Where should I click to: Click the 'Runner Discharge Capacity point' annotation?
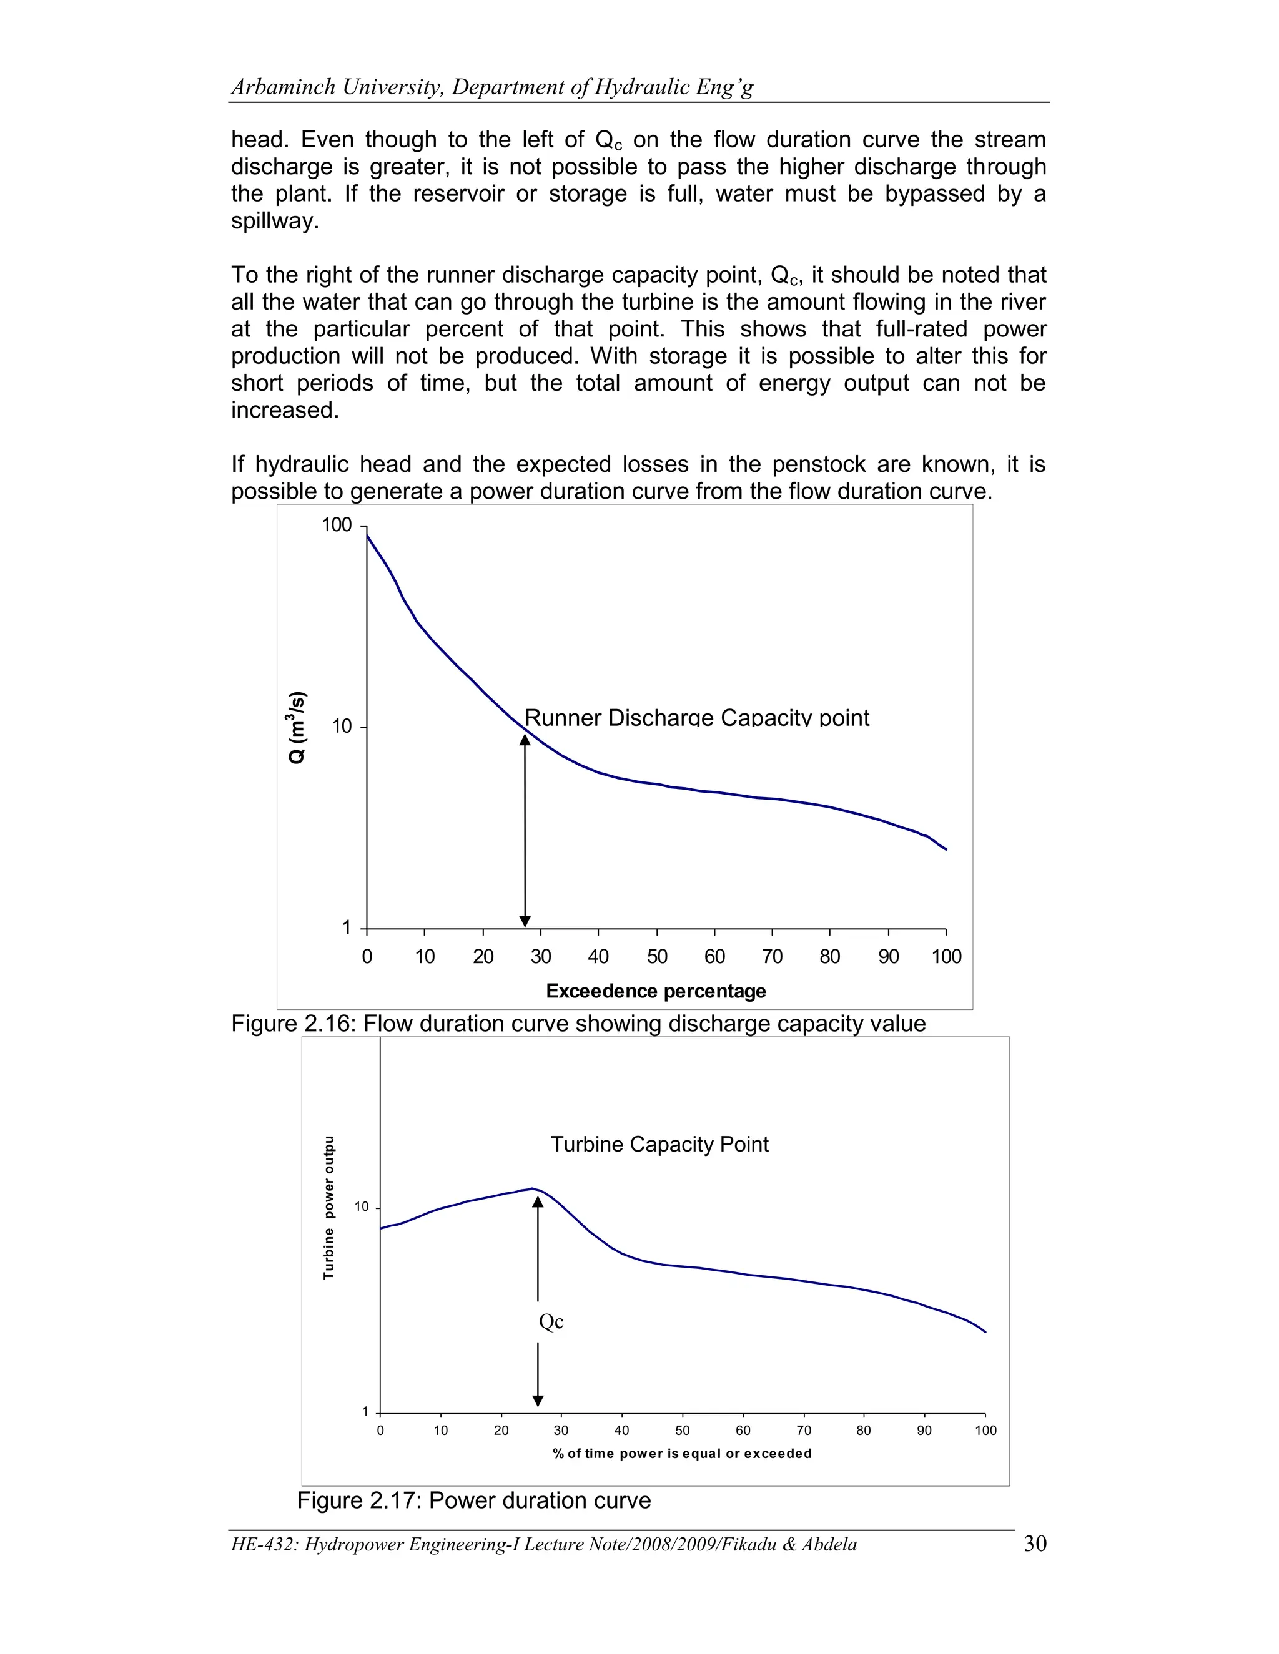click(x=696, y=717)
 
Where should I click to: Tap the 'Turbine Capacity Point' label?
click(x=659, y=1143)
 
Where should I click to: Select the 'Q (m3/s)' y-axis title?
click(x=298, y=727)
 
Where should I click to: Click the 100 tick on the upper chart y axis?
click(x=337, y=525)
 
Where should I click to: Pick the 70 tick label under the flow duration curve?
click(x=772, y=956)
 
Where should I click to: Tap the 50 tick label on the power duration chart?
click(x=682, y=1431)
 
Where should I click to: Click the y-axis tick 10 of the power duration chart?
click(x=362, y=1207)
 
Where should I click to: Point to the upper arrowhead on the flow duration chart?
click(x=525, y=739)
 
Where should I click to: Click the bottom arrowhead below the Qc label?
click(x=538, y=1401)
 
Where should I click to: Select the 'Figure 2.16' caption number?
click(x=288, y=1024)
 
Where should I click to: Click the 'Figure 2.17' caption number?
click(x=355, y=1500)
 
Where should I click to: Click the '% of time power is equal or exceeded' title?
click(x=682, y=1453)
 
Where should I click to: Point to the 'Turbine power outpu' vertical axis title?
click(x=329, y=1207)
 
